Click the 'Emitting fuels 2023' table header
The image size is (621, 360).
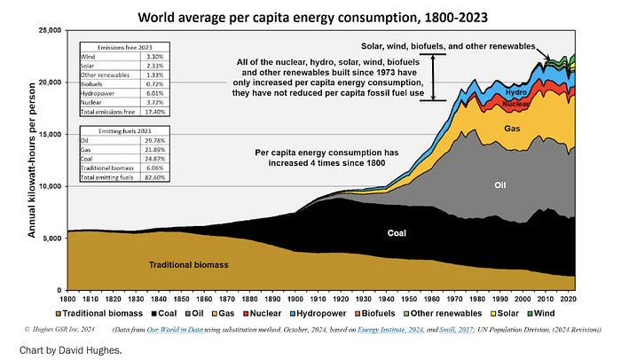pos(116,129)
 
